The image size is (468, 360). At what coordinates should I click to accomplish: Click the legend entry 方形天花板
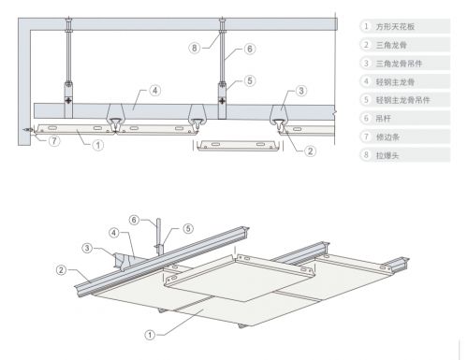click(395, 26)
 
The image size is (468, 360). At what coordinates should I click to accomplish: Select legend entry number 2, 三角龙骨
click(391, 45)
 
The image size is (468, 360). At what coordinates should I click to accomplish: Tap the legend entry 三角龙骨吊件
click(399, 64)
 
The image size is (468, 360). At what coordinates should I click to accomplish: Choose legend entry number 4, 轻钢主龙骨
click(395, 82)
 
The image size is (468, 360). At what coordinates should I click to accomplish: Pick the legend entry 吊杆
click(383, 119)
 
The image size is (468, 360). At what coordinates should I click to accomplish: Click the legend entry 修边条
click(388, 137)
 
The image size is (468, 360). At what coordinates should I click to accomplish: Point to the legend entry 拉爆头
click(388, 155)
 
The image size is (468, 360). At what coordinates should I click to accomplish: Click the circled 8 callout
click(195, 48)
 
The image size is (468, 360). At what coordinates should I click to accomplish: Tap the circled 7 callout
click(54, 141)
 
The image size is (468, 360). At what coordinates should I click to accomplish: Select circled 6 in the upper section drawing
click(250, 49)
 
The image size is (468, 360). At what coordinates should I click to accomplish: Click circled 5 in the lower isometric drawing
click(188, 228)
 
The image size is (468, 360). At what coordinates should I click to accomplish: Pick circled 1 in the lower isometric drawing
click(150, 335)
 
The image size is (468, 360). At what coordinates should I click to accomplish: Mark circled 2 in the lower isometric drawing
click(61, 270)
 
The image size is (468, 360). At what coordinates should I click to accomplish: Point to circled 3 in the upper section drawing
click(301, 91)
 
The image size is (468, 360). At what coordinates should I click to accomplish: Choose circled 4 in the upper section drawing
click(155, 91)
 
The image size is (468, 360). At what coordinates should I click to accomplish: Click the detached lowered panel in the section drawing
click(238, 146)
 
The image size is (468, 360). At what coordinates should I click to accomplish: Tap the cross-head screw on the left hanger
click(68, 101)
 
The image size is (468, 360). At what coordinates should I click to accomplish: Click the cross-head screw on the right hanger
click(222, 101)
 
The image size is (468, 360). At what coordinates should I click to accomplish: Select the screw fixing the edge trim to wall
click(28, 130)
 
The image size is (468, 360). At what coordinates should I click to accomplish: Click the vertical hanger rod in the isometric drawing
click(158, 232)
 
